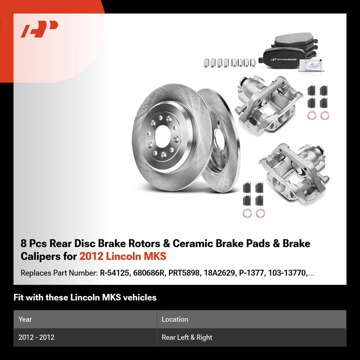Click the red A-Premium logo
pyautogui.click(x=40, y=29)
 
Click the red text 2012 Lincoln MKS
pyautogui.click(x=123, y=256)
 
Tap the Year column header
pyautogui.click(x=25, y=319)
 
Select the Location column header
pyautogui.click(x=175, y=319)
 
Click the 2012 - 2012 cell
pyautogui.click(x=36, y=337)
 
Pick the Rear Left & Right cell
pyautogui.click(x=187, y=337)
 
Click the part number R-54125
pyautogui.click(x=114, y=273)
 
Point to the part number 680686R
pyautogui.click(x=149, y=273)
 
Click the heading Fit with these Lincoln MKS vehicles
pyautogui.click(x=85, y=297)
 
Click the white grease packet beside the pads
pyautogui.click(x=311, y=64)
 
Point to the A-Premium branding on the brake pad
pyautogui.click(x=284, y=59)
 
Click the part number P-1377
pyautogui.click(x=252, y=273)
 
